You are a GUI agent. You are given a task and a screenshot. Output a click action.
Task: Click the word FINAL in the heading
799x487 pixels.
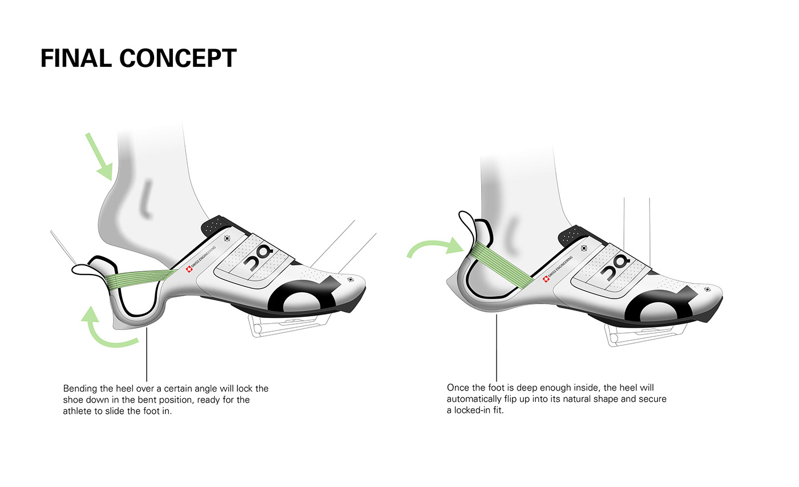tap(76, 59)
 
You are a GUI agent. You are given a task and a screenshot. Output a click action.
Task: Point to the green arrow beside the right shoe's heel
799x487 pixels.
tap(434, 249)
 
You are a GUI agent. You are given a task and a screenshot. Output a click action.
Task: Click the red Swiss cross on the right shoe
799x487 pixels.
tap(546, 279)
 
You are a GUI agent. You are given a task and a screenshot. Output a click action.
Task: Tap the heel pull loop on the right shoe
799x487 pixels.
tap(467, 225)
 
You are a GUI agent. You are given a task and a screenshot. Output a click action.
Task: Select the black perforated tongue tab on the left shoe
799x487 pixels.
tap(216, 226)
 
